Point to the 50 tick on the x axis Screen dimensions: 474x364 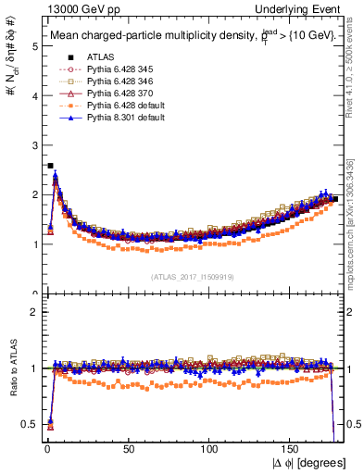pos(127,449)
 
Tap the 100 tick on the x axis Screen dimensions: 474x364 pos(209,449)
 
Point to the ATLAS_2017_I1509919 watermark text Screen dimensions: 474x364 pos(193,276)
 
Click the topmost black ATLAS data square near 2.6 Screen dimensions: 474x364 pos(49,166)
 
